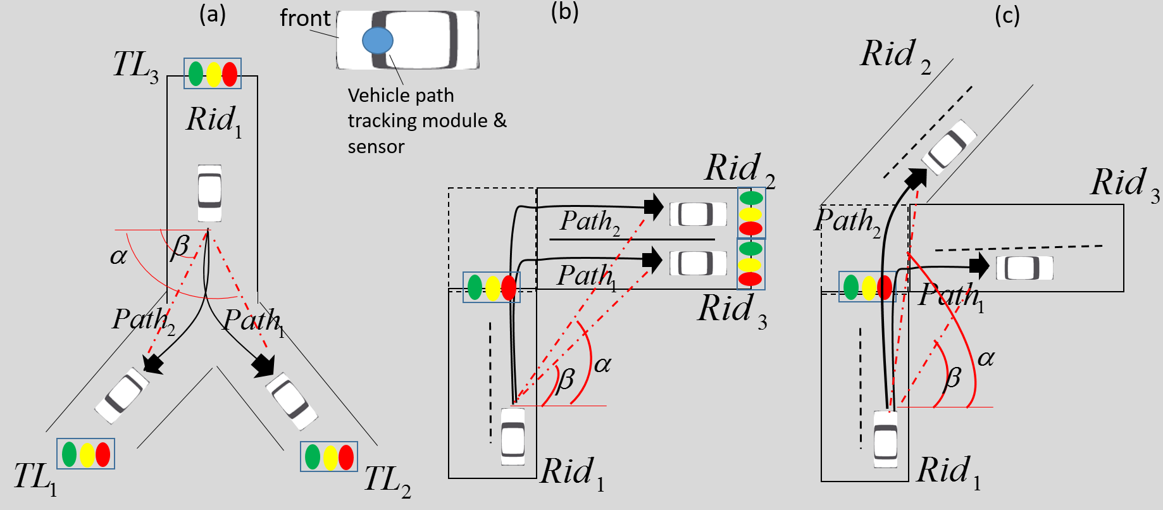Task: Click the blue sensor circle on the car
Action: tap(378, 40)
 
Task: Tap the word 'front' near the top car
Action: tap(305, 18)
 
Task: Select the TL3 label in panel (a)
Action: tap(135, 66)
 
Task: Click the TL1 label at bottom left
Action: tap(35, 478)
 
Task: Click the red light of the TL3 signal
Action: tap(230, 74)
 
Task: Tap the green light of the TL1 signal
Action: tap(70, 454)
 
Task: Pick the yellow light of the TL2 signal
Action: tap(330, 457)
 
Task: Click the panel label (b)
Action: tap(564, 11)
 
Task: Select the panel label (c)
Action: tap(1007, 15)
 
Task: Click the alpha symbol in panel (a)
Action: tap(118, 256)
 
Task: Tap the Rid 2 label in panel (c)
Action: tap(895, 55)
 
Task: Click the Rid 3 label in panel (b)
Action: tap(732, 310)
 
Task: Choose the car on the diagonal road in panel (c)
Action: tap(949, 147)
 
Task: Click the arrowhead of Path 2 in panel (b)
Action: tap(654, 206)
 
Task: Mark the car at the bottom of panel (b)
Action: tap(513, 437)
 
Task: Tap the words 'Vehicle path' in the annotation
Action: tap(401, 96)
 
